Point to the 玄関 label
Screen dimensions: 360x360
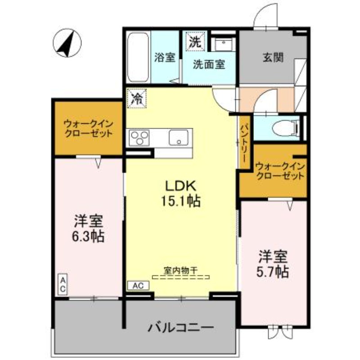click(x=273, y=58)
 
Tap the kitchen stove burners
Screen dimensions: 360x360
click(x=139, y=137)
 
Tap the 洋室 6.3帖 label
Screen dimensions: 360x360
click(x=89, y=229)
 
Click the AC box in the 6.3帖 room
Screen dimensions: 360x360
click(x=63, y=285)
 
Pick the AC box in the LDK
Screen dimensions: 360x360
click(x=138, y=285)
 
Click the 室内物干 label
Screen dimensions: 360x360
click(x=180, y=270)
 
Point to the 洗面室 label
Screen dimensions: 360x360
click(x=209, y=64)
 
